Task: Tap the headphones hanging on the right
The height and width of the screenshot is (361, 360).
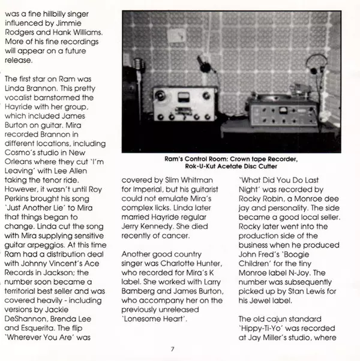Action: [x=316, y=66]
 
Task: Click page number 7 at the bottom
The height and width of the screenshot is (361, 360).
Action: [x=172, y=349]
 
